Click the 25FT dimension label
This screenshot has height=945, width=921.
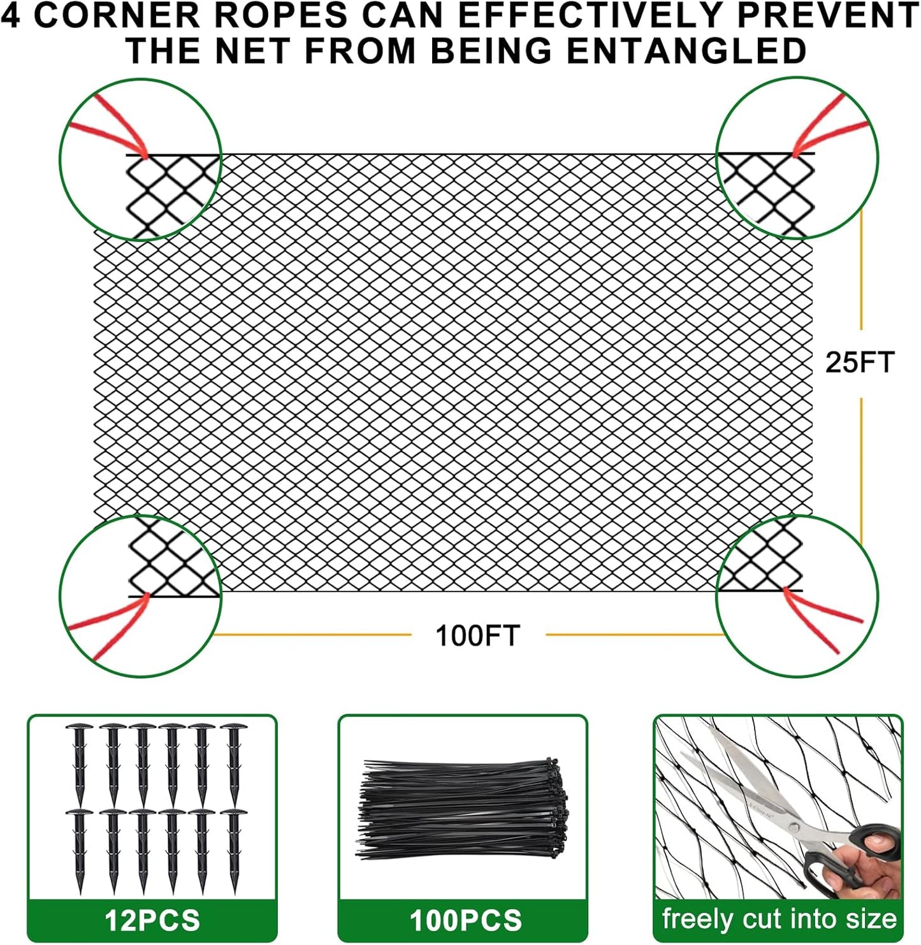point(860,362)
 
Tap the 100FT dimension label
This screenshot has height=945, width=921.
point(477,635)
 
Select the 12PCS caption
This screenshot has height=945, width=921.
point(152,920)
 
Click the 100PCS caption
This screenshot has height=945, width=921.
point(465,920)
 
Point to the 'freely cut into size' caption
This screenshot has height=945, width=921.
point(779,919)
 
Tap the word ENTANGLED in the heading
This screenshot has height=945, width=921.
point(686,51)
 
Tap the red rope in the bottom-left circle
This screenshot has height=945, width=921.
point(108,621)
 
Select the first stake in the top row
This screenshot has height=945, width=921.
point(79,761)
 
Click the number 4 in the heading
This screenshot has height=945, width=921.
point(11,15)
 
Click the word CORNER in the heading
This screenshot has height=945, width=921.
point(117,15)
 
